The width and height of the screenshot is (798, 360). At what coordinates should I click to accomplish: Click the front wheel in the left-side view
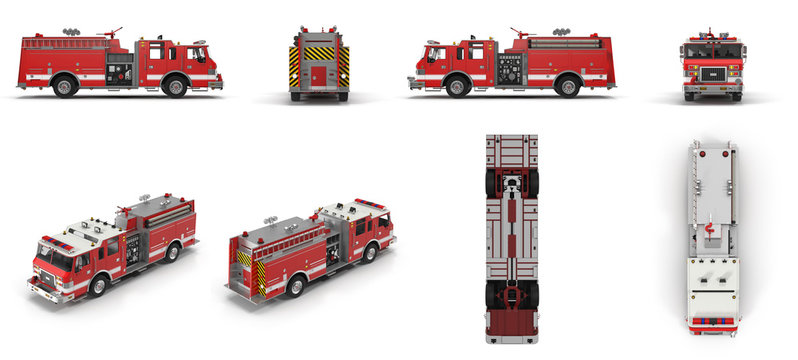[x=176, y=86]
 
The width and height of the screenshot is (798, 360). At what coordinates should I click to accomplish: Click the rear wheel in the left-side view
[x=66, y=86]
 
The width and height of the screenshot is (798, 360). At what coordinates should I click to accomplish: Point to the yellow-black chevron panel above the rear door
[x=319, y=53]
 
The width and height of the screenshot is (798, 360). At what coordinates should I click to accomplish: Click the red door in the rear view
[x=319, y=76]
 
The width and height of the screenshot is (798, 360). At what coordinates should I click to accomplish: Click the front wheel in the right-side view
[x=456, y=86]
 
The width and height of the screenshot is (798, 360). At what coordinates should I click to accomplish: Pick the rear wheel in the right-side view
[x=567, y=86]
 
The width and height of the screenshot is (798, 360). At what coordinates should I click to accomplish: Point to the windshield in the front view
[x=713, y=51]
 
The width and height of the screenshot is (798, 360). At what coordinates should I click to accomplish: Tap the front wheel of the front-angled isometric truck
[x=97, y=286]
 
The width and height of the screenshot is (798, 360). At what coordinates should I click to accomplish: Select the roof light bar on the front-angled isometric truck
[x=57, y=241]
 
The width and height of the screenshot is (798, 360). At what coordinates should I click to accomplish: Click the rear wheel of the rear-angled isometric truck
[x=295, y=286]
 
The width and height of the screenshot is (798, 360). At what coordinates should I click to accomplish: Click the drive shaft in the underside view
[x=512, y=240]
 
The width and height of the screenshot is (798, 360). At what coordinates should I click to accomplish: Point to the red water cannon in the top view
[x=709, y=231]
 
